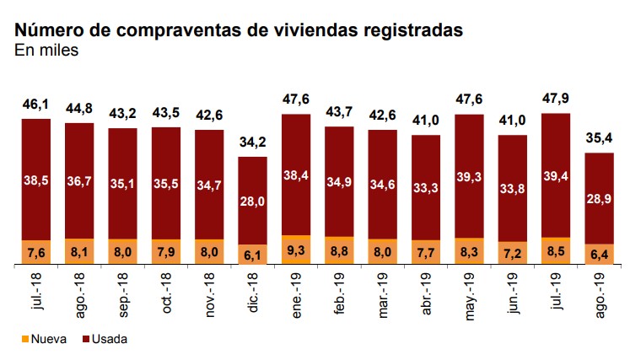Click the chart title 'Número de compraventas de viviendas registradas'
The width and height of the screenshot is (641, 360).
[239, 30]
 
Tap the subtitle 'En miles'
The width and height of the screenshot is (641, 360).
[46, 51]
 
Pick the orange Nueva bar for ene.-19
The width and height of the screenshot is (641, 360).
[296, 250]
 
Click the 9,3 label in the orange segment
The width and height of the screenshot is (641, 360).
[296, 250]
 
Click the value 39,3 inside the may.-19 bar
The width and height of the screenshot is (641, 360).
[470, 176]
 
